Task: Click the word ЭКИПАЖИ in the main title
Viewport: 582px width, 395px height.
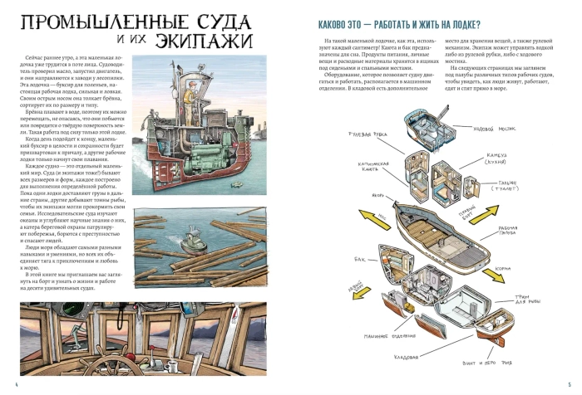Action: pos(224,39)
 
